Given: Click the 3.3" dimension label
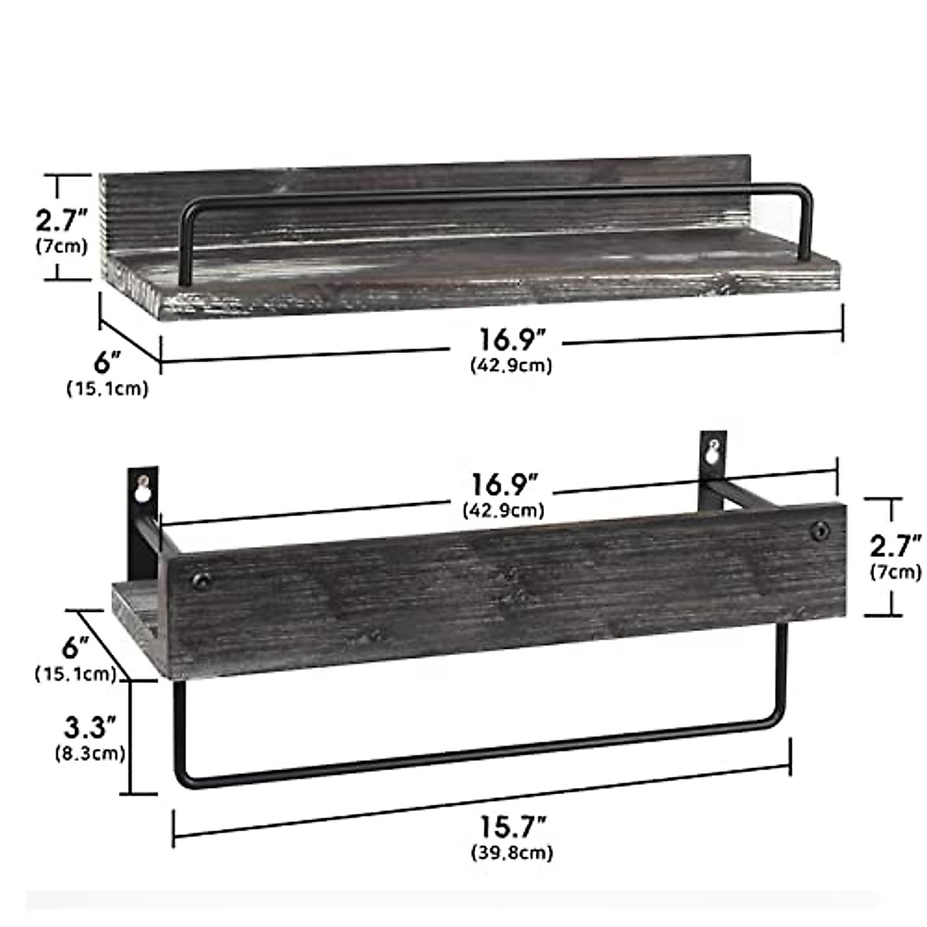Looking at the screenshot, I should (x=90, y=727).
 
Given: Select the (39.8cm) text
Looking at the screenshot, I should (x=511, y=853).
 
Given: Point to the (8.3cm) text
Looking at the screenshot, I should (x=90, y=752).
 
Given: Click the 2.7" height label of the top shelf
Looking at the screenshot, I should (x=63, y=221).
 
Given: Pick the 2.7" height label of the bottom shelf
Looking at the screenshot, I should (x=895, y=547).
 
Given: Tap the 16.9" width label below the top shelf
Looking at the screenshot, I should (x=512, y=340).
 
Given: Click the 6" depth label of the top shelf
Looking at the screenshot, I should (x=108, y=361).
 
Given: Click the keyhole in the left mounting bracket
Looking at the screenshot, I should (x=142, y=488).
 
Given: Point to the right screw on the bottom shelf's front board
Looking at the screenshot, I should (x=818, y=531).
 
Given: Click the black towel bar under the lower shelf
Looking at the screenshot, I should (x=479, y=761).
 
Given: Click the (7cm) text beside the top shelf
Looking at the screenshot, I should (x=62, y=247).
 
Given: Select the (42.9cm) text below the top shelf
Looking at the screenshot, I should (x=511, y=365).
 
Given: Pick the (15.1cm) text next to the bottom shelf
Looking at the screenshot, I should (x=76, y=674).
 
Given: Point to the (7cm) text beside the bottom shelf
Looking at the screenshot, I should (x=895, y=572).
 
